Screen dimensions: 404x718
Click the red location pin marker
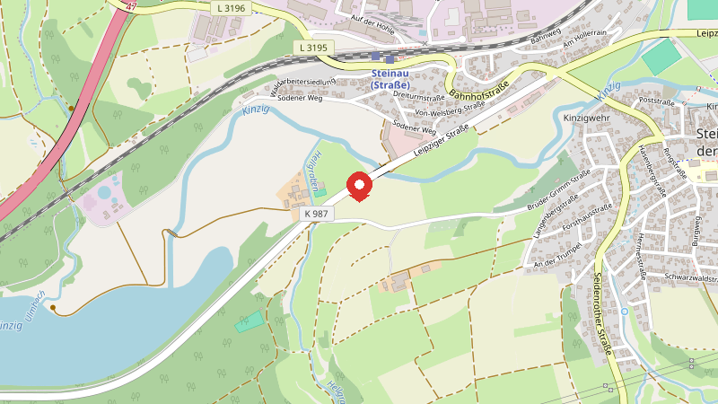(360, 185)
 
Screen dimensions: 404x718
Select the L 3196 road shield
(231, 8)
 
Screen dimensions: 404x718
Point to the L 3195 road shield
(313, 48)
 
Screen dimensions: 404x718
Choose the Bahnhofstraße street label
(479, 90)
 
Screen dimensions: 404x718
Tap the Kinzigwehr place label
(586, 118)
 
